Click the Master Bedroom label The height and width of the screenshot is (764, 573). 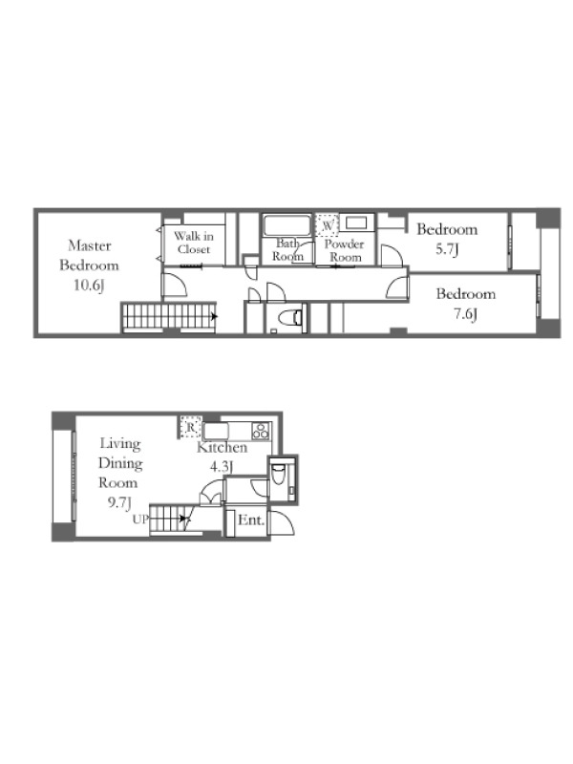click(89, 255)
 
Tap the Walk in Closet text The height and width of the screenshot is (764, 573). click(194, 243)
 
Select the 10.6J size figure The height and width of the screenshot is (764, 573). click(89, 285)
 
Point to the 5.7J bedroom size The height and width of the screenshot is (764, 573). click(447, 250)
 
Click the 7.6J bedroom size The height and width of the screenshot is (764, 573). click(465, 314)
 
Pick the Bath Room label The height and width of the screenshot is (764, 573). click(287, 249)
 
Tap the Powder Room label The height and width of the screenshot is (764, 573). click(345, 250)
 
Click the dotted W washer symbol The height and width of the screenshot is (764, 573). click(327, 225)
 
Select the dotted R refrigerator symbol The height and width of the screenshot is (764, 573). click(190, 427)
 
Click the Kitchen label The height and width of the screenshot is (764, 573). click(223, 447)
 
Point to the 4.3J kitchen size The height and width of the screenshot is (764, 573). click(222, 467)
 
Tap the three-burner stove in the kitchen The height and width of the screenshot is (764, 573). click(261, 432)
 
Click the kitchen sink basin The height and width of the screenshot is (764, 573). click(216, 432)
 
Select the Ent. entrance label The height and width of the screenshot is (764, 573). click(251, 520)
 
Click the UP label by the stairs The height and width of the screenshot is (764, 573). click(140, 520)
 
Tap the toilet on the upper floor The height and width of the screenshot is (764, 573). click(291, 318)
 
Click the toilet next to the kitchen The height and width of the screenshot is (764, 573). click(278, 474)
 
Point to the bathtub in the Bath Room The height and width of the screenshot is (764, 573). click(287, 226)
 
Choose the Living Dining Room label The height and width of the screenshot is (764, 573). click(120, 463)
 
